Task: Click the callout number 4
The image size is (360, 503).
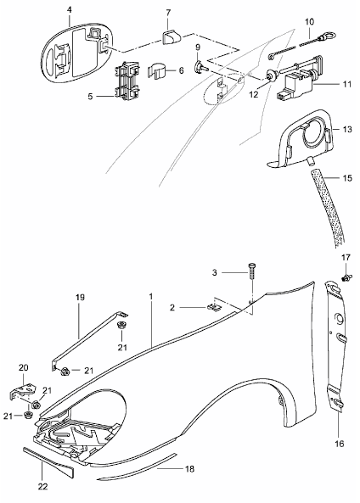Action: [70, 10]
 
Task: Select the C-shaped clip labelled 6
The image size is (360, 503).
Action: [157, 71]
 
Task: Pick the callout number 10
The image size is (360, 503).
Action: [309, 22]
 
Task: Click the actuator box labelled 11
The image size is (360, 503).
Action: [297, 79]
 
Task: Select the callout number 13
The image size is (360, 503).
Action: [347, 129]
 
